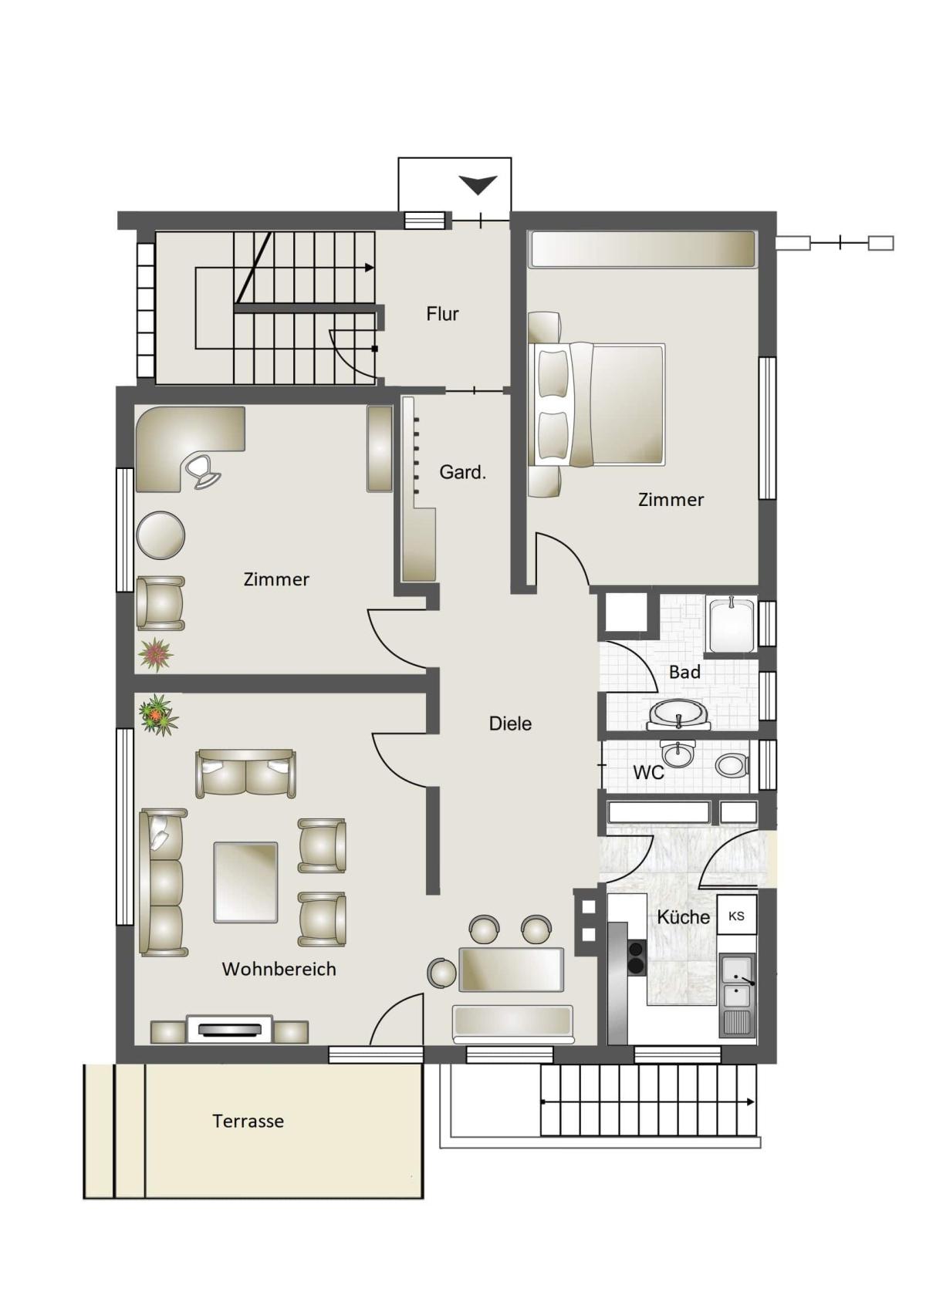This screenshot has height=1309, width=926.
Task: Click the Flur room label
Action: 442,314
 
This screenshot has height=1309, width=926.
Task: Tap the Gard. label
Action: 462,471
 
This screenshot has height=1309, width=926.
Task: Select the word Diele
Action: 510,724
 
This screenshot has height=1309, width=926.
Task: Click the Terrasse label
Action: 248,1121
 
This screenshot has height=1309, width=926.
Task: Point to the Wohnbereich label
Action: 279,969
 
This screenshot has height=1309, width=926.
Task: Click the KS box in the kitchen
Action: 737,916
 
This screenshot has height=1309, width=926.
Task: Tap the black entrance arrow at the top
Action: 478,184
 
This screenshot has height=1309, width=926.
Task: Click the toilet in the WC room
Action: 731,765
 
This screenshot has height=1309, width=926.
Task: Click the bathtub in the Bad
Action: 732,623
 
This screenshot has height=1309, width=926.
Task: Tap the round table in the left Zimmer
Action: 161,535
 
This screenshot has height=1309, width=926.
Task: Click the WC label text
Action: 648,773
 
